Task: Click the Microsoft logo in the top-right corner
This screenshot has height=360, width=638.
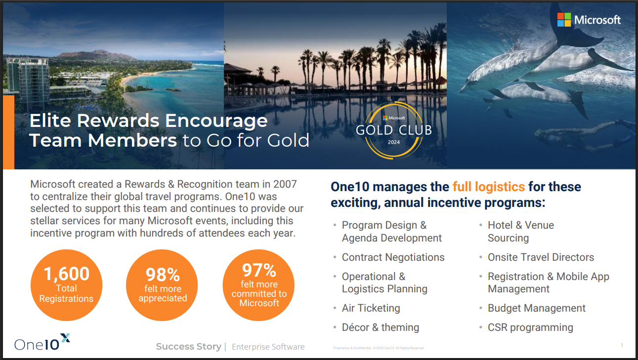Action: tap(589, 20)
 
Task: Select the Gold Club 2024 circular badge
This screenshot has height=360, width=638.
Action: tap(394, 129)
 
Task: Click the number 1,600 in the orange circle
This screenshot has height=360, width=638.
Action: tap(66, 274)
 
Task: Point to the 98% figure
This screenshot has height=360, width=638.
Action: tap(163, 275)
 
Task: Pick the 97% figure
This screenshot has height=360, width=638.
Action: tap(259, 270)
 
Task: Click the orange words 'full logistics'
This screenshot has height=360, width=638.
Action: tap(488, 187)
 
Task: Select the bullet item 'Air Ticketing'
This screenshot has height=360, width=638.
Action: tap(371, 308)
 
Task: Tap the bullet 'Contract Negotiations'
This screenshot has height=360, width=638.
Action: tap(393, 257)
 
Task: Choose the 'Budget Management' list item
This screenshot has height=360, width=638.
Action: tap(536, 308)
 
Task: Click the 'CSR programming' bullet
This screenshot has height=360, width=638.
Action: tap(530, 327)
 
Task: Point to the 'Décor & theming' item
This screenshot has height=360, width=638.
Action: tap(380, 327)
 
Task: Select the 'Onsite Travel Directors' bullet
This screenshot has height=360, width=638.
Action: tap(541, 257)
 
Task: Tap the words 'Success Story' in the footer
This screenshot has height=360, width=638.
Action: tap(188, 347)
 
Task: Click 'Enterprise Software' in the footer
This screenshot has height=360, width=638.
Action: tap(268, 347)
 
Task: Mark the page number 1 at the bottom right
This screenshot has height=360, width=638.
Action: tap(622, 345)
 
